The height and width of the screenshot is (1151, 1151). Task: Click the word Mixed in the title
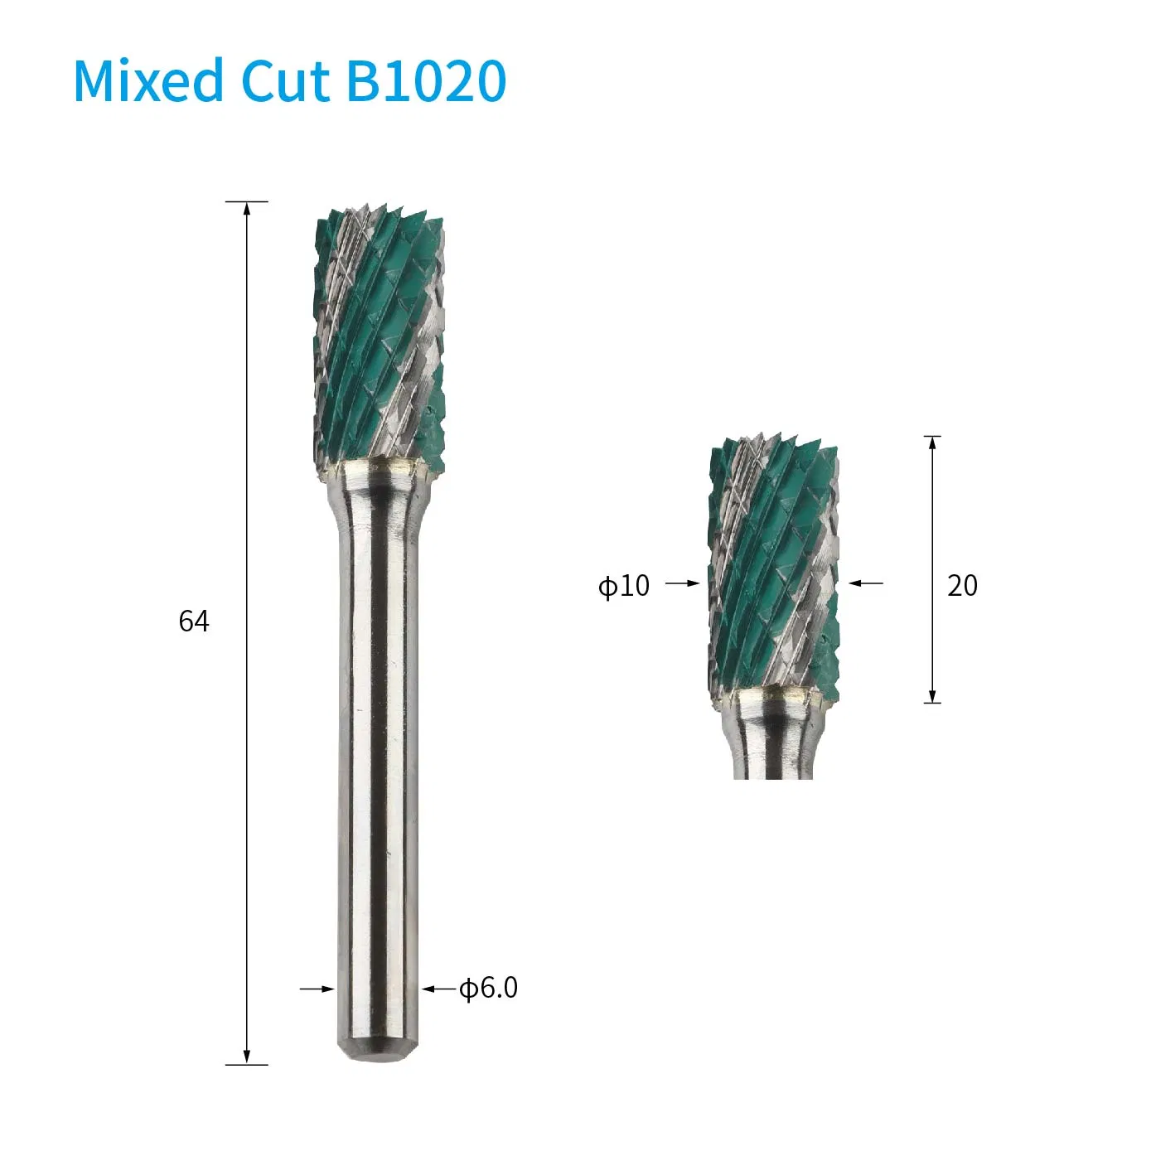[x=149, y=81]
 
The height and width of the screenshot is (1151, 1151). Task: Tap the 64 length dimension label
[x=194, y=621]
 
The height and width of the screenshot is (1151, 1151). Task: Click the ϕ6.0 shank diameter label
[x=489, y=988]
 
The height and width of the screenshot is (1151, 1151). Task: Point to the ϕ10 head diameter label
[x=624, y=586]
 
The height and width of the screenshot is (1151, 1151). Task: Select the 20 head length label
[x=962, y=586]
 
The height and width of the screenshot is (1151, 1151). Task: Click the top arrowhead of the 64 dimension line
[x=247, y=208]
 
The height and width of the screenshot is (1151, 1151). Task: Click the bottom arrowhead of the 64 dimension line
[x=247, y=1057]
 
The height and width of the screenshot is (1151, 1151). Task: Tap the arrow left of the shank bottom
[x=318, y=989]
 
